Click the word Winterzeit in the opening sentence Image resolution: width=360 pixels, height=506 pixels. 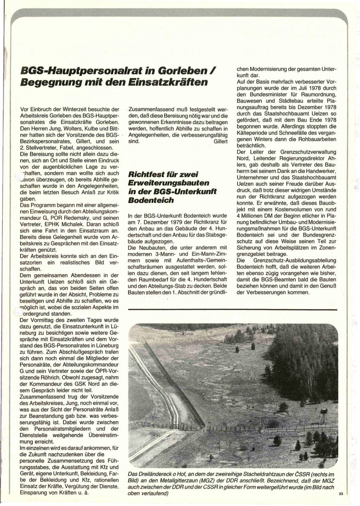tap(84, 109)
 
